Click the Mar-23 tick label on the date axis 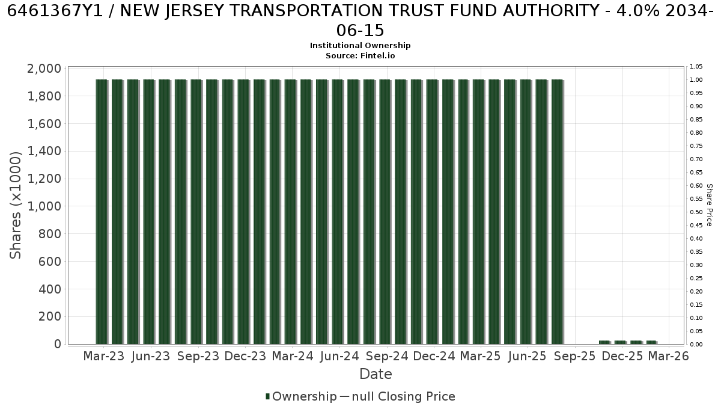tap(103, 356)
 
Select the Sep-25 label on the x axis tap(575, 356)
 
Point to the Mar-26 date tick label tap(668, 356)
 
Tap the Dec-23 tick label tap(245, 356)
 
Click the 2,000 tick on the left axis tap(44, 69)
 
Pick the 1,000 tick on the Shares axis tap(44, 206)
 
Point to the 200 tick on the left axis tap(50, 316)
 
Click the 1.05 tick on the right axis tap(696, 67)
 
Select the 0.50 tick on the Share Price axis tap(696, 212)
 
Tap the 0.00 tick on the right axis tap(696, 345)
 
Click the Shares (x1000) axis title tap(15, 205)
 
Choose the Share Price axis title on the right tap(710, 205)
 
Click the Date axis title tap(376, 374)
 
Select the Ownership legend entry tap(301, 396)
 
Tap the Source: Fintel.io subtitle tap(360, 56)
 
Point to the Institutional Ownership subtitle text tap(360, 46)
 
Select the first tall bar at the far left tap(102, 212)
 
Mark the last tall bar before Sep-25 tap(558, 212)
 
